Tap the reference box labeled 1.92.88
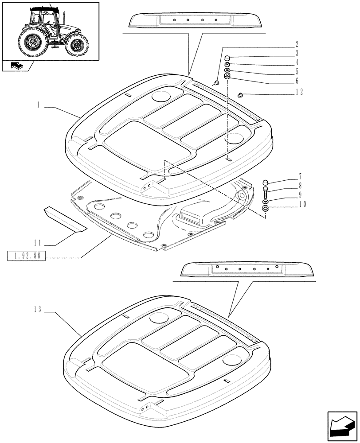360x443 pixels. [x=27, y=256]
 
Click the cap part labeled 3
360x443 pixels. [x=227, y=58]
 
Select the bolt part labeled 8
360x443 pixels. [x=265, y=193]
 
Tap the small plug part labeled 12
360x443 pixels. [x=241, y=94]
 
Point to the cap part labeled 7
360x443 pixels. [x=265, y=182]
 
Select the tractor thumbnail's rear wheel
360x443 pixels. [x=31, y=42]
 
